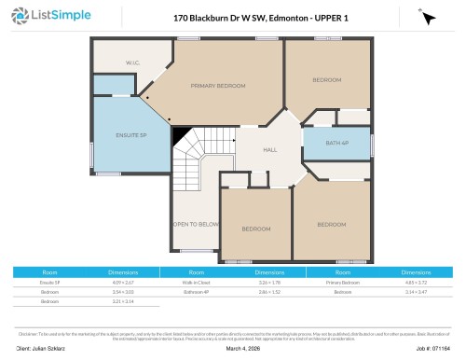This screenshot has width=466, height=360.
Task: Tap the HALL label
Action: (x=270, y=149)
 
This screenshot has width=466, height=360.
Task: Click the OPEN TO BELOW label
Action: (x=196, y=224)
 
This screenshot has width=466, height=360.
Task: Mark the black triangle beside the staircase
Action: (x=179, y=134)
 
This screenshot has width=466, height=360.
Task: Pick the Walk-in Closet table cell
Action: (x=193, y=281)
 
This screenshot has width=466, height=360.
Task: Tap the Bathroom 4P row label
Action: (x=193, y=292)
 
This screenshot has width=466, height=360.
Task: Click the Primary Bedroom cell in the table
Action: (x=344, y=281)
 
